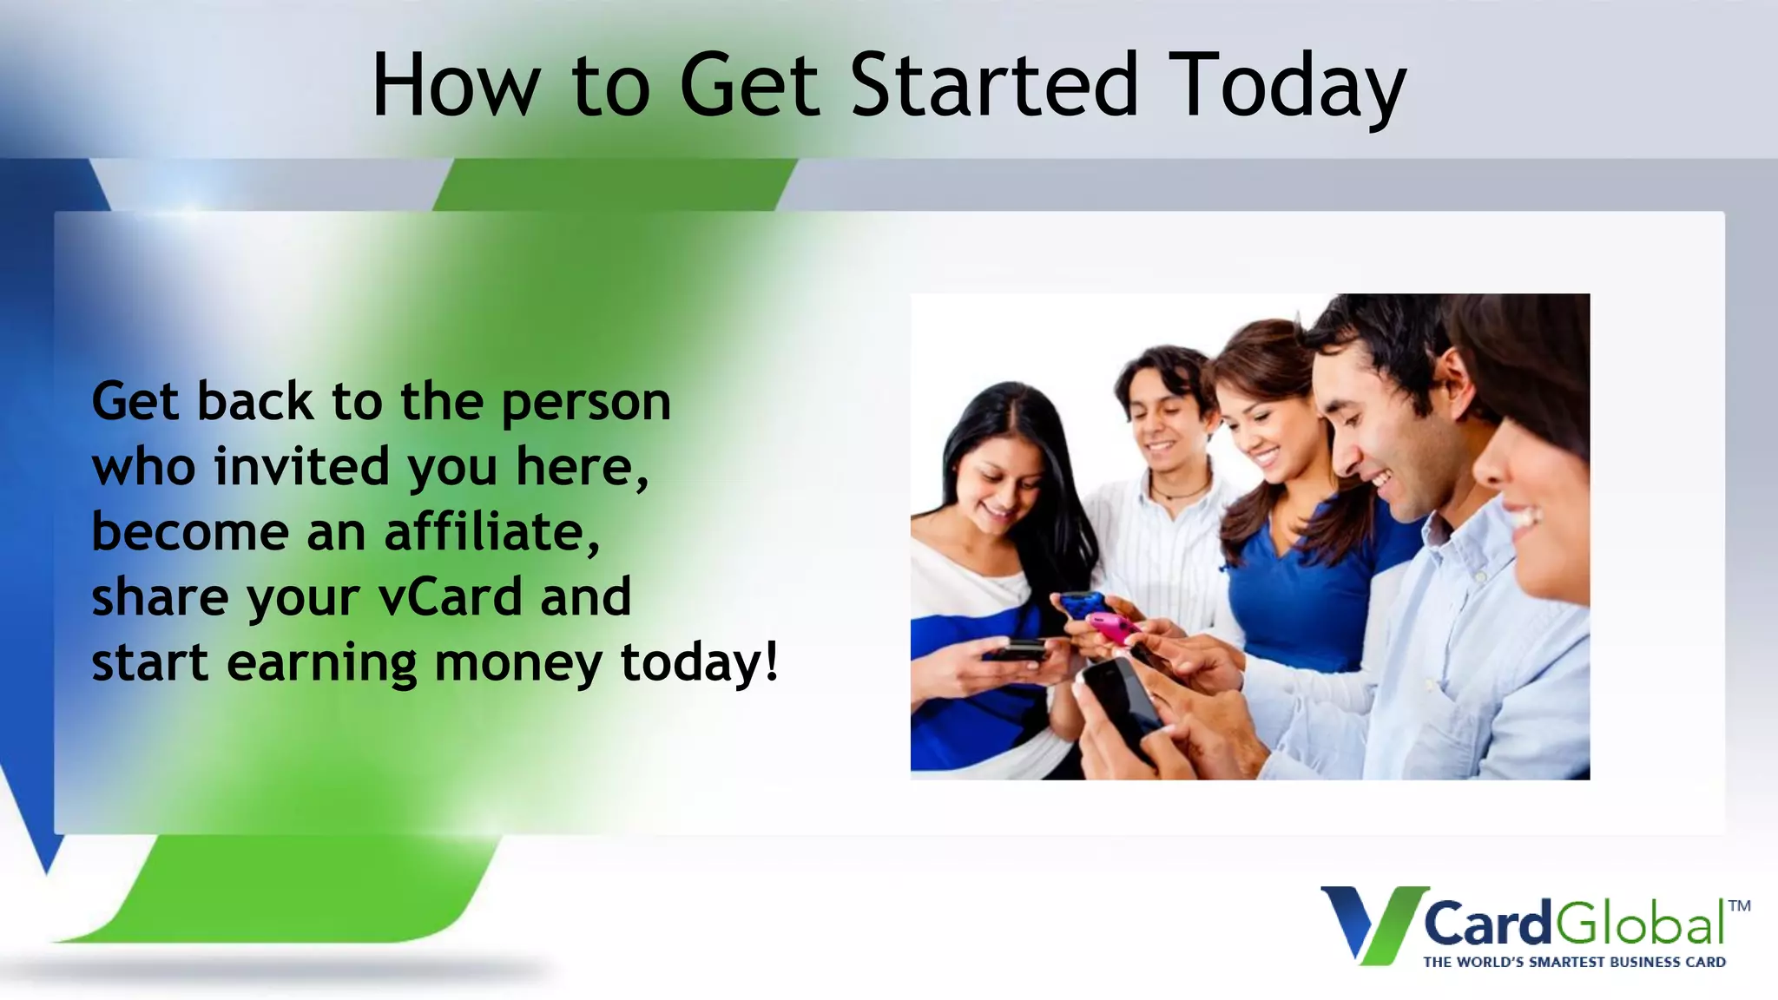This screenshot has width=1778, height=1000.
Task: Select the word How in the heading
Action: [456, 86]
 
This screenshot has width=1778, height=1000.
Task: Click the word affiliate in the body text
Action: [491, 532]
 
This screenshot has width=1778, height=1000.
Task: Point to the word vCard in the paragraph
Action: [450, 597]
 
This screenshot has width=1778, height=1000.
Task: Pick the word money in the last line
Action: [517, 664]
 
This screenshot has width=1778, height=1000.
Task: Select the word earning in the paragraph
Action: [322, 664]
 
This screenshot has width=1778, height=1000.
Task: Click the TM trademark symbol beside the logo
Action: [1739, 906]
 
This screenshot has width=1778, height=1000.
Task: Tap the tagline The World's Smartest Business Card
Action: [1574, 962]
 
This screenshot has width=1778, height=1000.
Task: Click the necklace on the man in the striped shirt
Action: [1181, 493]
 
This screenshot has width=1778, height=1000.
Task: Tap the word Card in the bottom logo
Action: [1486, 924]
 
